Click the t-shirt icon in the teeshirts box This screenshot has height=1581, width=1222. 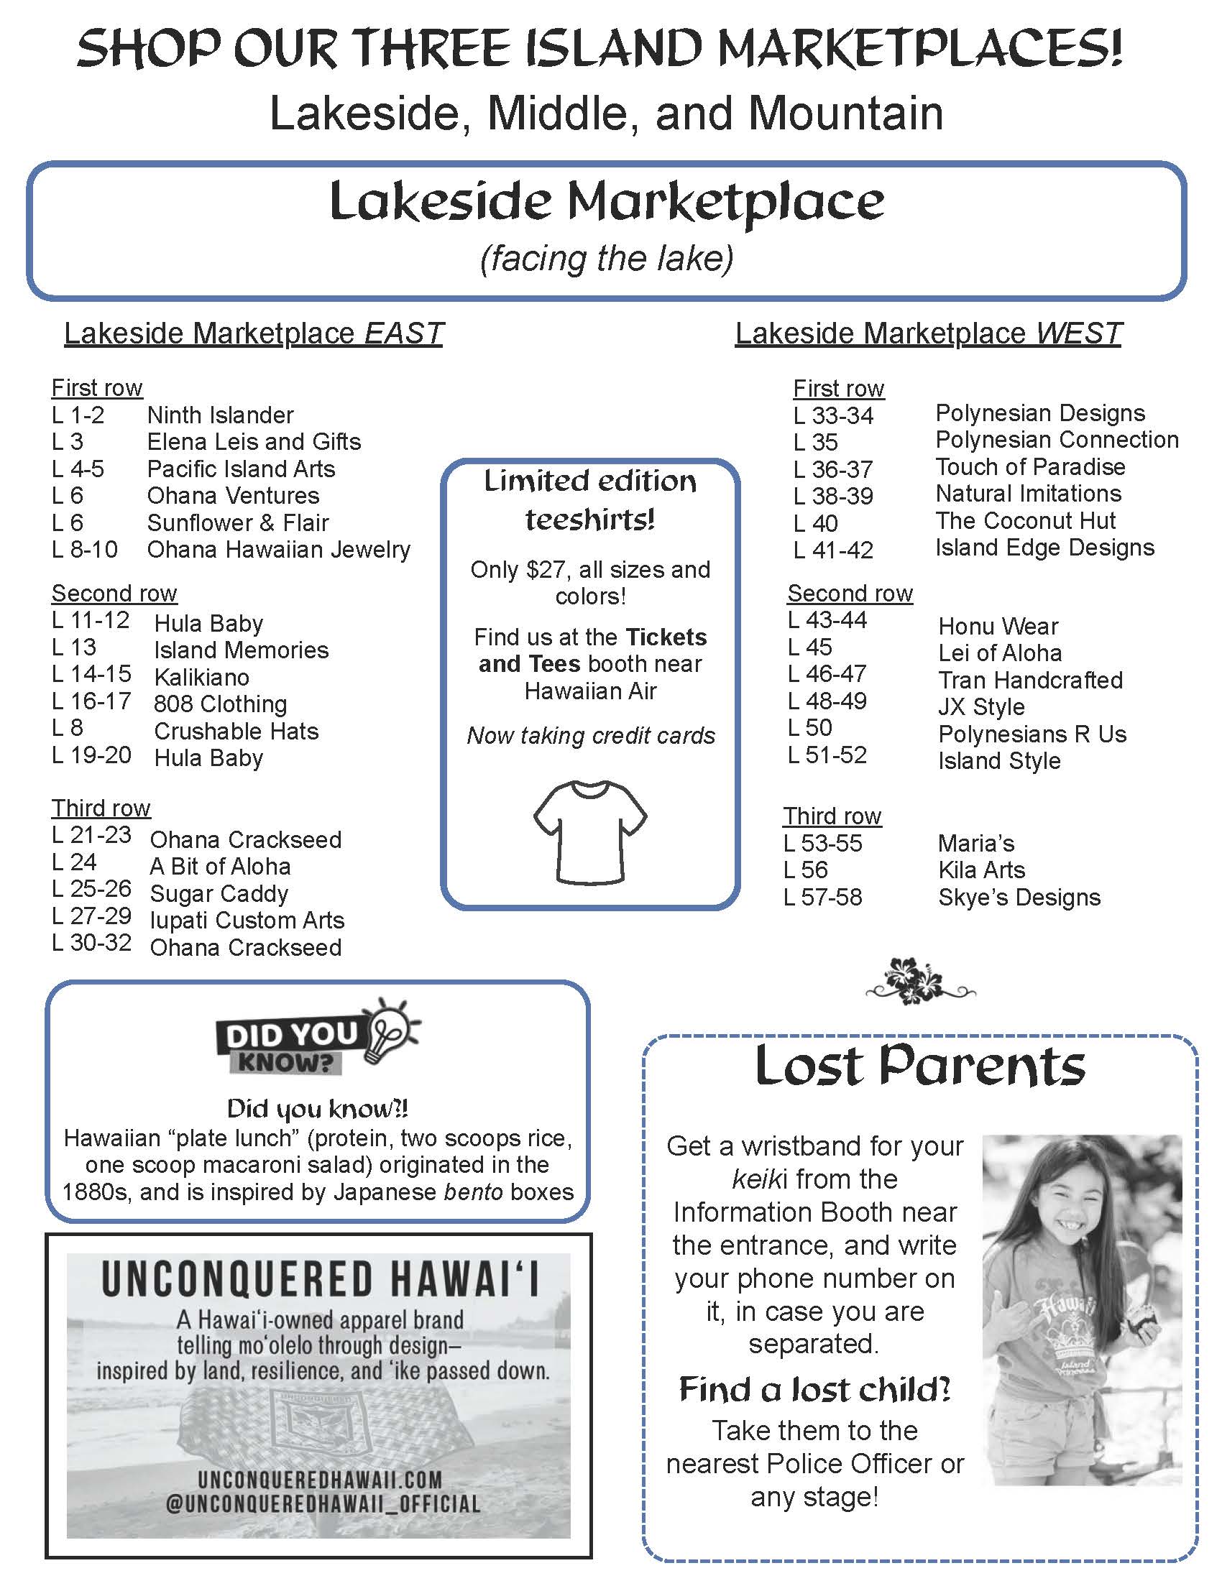click(590, 831)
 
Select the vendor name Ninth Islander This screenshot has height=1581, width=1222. click(220, 415)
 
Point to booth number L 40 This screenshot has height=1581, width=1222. click(815, 522)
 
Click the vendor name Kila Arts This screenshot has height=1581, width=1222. click(981, 870)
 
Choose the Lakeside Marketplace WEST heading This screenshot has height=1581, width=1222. click(928, 333)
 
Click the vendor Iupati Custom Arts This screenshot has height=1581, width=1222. click(247, 920)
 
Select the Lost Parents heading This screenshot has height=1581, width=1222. click(920, 1066)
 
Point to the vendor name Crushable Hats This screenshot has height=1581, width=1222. click(236, 731)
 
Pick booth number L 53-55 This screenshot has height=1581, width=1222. click(822, 844)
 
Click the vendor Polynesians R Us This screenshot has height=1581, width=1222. click(1032, 734)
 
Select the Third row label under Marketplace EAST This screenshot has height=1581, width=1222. click(101, 808)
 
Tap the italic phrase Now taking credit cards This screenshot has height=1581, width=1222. click(591, 735)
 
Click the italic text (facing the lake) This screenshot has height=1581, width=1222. click(607, 259)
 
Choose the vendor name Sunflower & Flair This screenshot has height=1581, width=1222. click(237, 522)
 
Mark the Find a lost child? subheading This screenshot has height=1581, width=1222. click(814, 1389)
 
